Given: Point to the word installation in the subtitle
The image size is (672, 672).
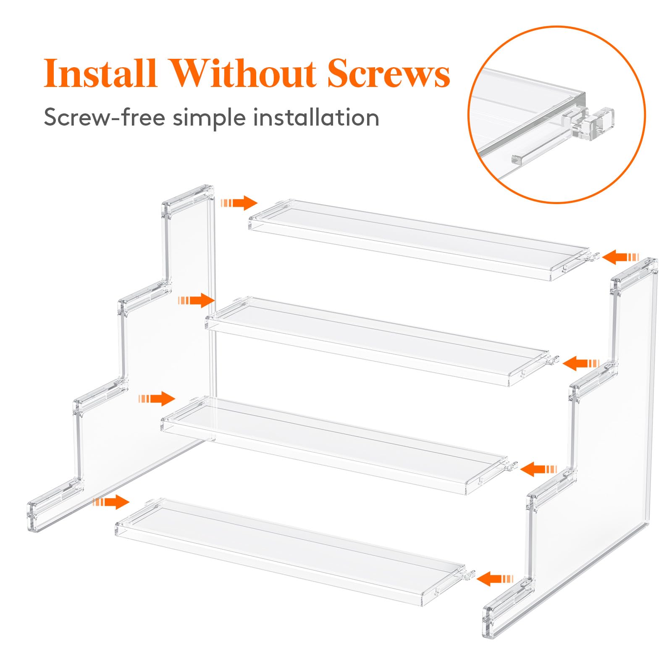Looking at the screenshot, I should (316, 117).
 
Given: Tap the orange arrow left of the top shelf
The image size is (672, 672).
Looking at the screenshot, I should (239, 203).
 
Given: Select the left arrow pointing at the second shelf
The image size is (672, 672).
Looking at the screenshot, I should (197, 300).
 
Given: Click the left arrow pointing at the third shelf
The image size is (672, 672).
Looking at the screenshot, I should (157, 399).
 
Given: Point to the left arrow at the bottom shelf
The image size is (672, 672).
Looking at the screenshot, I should (111, 501).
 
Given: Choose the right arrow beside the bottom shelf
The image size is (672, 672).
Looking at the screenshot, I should (495, 579).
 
